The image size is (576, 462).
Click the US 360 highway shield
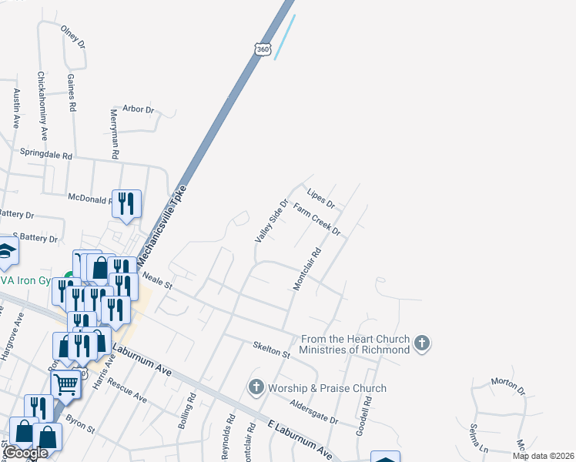(x=263, y=47)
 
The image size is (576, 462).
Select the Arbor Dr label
(x=139, y=109)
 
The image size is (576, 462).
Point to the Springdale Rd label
(x=45, y=154)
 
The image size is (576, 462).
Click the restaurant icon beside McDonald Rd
(x=126, y=204)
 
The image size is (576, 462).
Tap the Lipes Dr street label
(x=320, y=199)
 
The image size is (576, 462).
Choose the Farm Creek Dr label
(x=316, y=219)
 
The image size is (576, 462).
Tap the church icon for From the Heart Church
(x=421, y=343)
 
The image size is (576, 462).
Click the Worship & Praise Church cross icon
(x=256, y=388)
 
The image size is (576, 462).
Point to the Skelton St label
(x=270, y=350)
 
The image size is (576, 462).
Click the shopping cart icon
(x=65, y=383)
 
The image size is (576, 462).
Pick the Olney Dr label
(x=73, y=38)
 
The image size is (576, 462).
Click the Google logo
(x=25, y=454)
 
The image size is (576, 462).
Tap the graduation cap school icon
(x=6, y=250)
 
